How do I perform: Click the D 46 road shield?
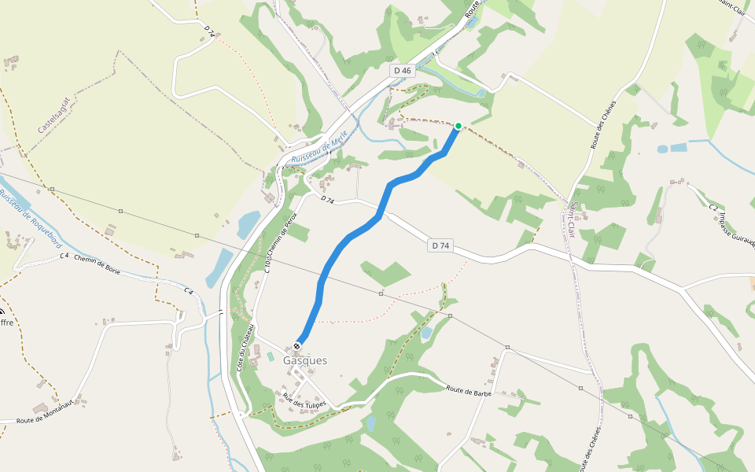[402, 71]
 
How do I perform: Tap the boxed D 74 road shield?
[440, 246]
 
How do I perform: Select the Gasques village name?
[305, 360]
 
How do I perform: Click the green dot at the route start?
[459, 125]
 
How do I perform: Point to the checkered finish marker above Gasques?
[296, 346]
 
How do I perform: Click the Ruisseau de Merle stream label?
[319, 147]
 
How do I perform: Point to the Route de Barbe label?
[469, 389]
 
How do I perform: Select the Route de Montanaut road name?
[45, 411]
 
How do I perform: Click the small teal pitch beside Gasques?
[271, 357]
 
